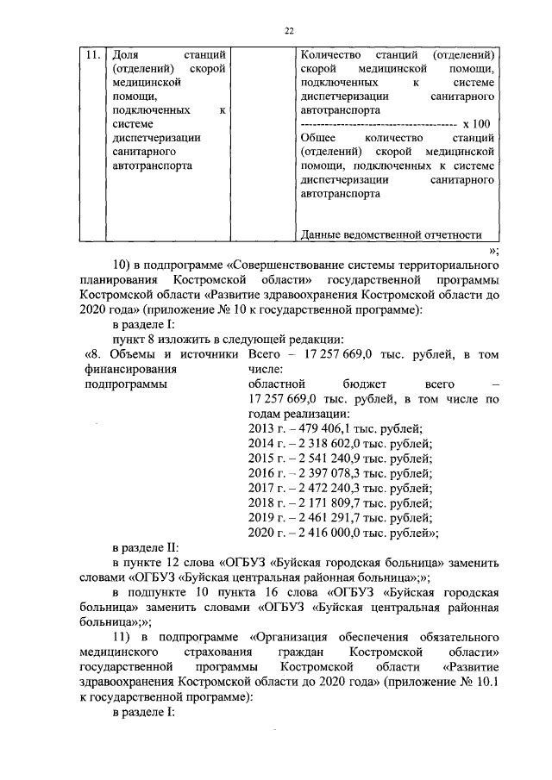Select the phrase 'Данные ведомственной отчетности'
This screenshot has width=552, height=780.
pos(389,234)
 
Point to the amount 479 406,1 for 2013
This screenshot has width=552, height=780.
pos(312,428)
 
